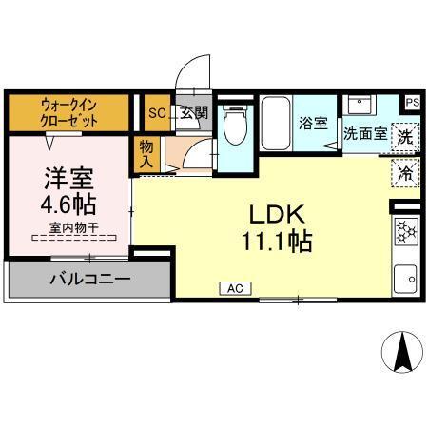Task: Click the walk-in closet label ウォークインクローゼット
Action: click(69, 113)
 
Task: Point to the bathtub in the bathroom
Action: click(276, 124)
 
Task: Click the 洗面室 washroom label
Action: click(364, 134)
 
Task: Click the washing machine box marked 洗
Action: click(405, 136)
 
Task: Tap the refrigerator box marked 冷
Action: click(405, 173)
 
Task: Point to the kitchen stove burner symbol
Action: click(406, 231)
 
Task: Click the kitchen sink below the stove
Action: click(406, 276)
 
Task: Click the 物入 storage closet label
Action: click(146, 154)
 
